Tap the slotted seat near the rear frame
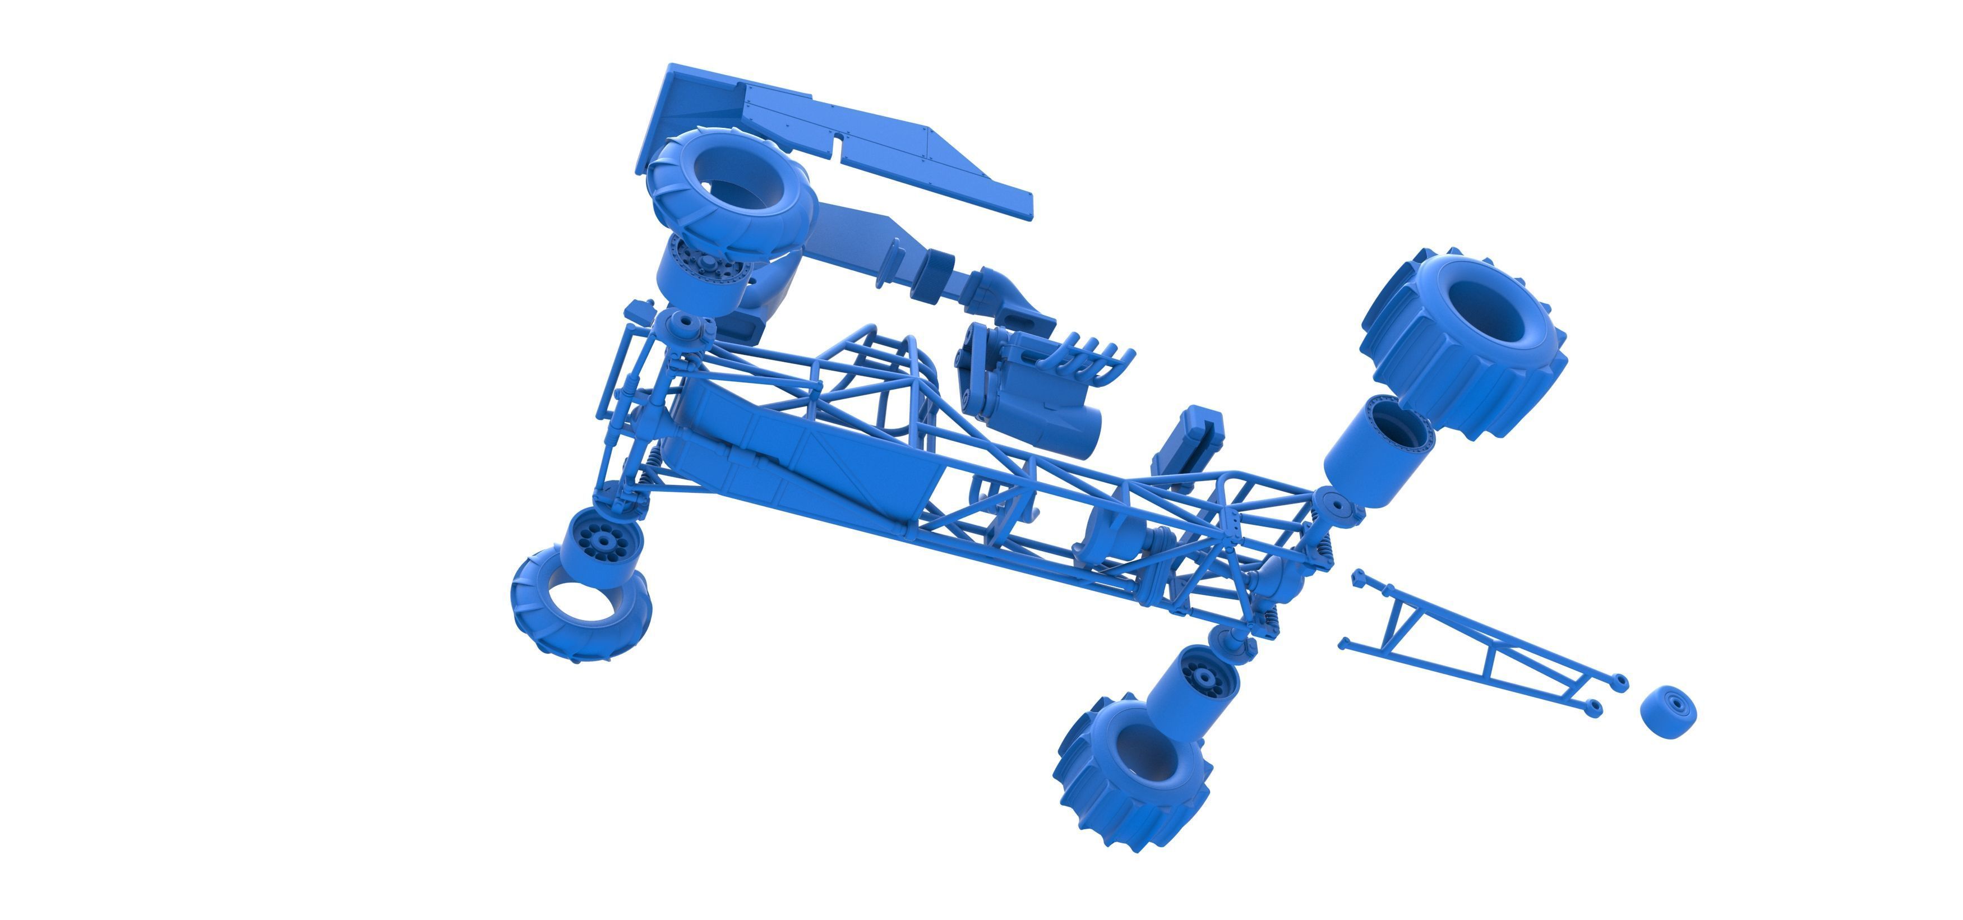1189,442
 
